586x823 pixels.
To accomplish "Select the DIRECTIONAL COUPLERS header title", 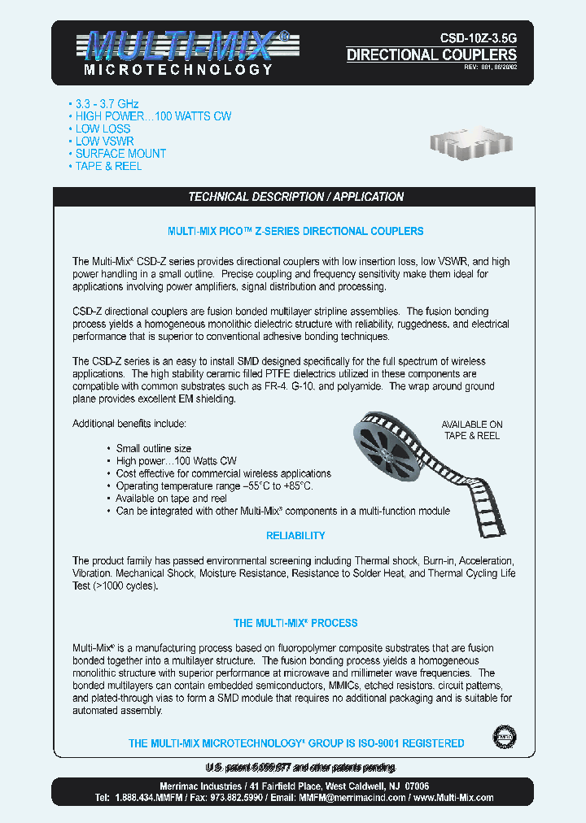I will click(431, 55).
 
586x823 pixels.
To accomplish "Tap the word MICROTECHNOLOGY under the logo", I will click(178, 71).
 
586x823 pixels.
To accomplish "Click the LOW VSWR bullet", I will click(104, 141).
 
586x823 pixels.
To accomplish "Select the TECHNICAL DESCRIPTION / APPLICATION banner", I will click(295, 197).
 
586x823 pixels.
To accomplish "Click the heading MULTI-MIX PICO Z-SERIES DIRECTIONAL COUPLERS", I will click(295, 231).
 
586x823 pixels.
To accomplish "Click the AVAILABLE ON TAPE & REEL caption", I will click(472, 430).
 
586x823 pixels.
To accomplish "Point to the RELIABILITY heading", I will click(295, 536).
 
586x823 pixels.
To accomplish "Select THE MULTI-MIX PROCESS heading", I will click(295, 624).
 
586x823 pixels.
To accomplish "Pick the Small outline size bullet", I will click(154, 449).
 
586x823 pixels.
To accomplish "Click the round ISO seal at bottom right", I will click(505, 738).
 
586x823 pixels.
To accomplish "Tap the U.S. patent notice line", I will click(300, 768).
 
